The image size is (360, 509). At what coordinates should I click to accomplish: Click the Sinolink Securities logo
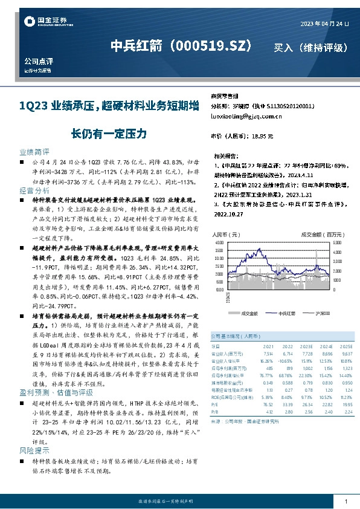click(x=43, y=22)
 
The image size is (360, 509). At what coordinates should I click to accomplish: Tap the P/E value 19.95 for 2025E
click(x=345, y=405)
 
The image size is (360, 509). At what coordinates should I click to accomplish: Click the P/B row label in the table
click(x=214, y=412)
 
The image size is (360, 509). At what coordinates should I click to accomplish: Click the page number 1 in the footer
click(x=346, y=502)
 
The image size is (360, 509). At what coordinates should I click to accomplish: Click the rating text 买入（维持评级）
click(x=310, y=47)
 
